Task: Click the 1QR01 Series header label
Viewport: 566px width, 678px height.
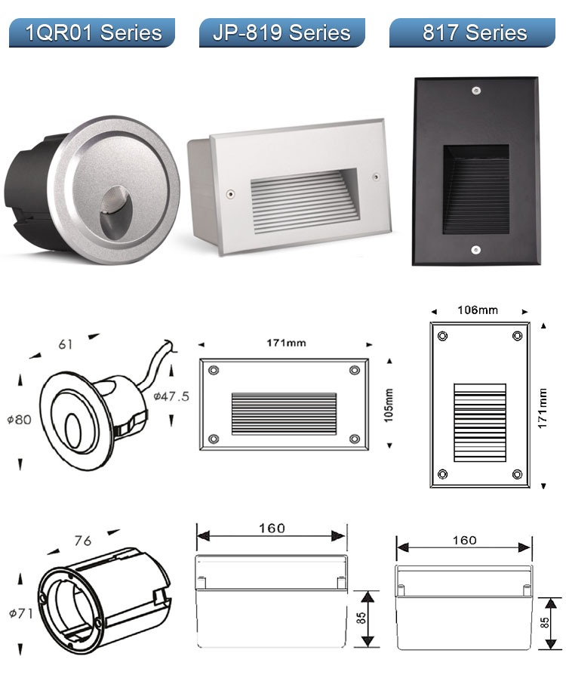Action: click(x=94, y=33)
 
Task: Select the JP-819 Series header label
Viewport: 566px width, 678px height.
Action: click(x=281, y=33)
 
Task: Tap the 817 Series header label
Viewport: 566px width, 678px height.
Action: click(x=474, y=33)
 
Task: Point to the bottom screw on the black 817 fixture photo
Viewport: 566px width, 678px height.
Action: click(x=476, y=248)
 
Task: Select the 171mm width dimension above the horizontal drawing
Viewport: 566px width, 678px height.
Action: click(x=286, y=343)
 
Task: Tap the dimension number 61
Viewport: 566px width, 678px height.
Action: click(x=66, y=344)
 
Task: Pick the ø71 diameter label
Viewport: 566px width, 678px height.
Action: click(x=20, y=613)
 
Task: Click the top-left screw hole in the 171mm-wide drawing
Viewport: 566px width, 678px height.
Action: click(x=214, y=371)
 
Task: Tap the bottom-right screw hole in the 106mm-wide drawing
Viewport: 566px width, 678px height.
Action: click(x=517, y=474)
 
